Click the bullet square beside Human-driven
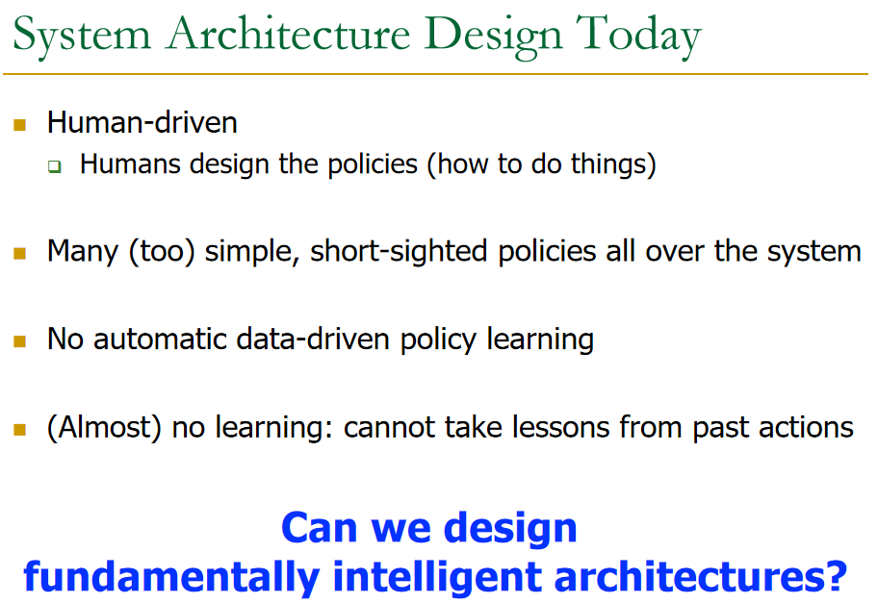(x=19, y=125)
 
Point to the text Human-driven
(x=142, y=124)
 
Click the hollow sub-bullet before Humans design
(x=55, y=166)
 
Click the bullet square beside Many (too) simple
(x=19, y=254)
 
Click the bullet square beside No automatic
(x=19, y=341)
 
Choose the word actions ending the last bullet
(x=807, y=427)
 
